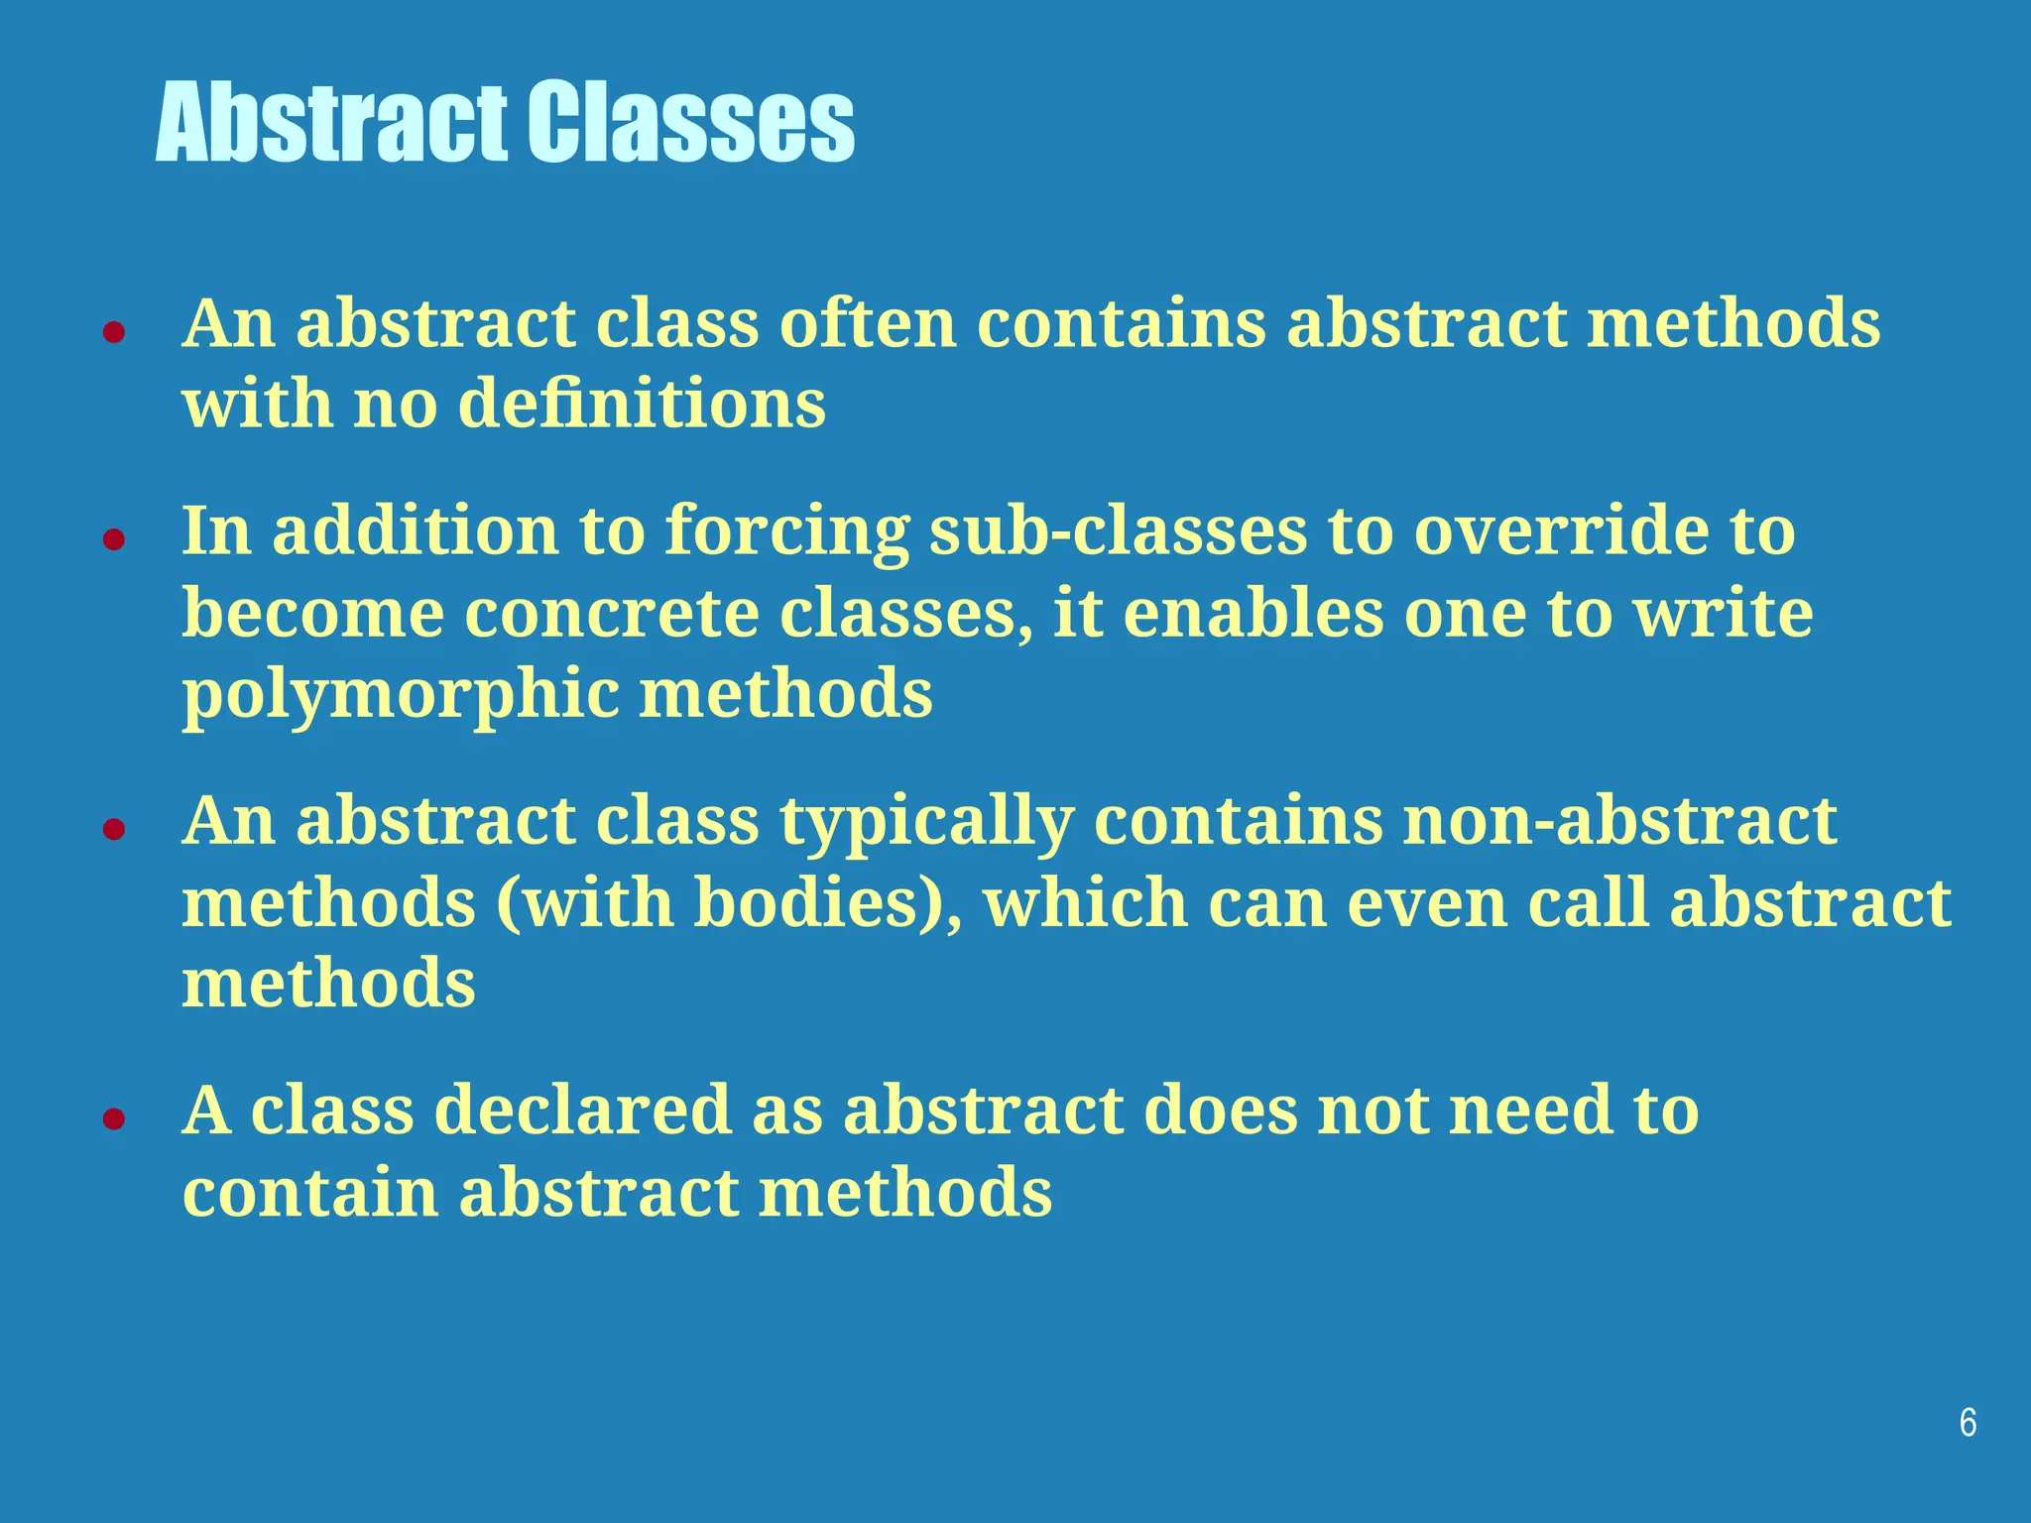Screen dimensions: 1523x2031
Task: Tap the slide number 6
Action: tap(1968, 1423)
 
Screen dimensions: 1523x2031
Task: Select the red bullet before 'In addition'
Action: tap(114, 539)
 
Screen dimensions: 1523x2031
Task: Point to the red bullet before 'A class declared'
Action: tap(114, 1118)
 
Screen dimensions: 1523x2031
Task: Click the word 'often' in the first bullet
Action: tap(867, 323)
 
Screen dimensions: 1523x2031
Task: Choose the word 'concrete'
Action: tap(611, 613)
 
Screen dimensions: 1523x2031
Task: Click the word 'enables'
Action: tap(1253, 613)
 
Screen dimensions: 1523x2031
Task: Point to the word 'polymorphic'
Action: tap(400, 696)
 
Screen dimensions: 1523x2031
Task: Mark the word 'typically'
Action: tap(925, 823)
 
